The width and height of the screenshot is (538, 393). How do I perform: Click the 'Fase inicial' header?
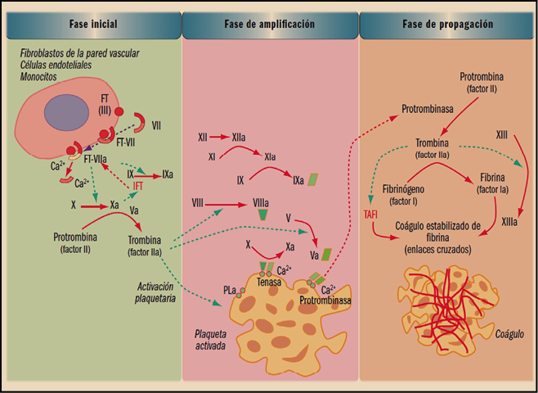92,25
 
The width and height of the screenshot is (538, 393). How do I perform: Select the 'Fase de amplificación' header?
269,25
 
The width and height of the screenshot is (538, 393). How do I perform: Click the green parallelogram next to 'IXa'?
312,178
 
